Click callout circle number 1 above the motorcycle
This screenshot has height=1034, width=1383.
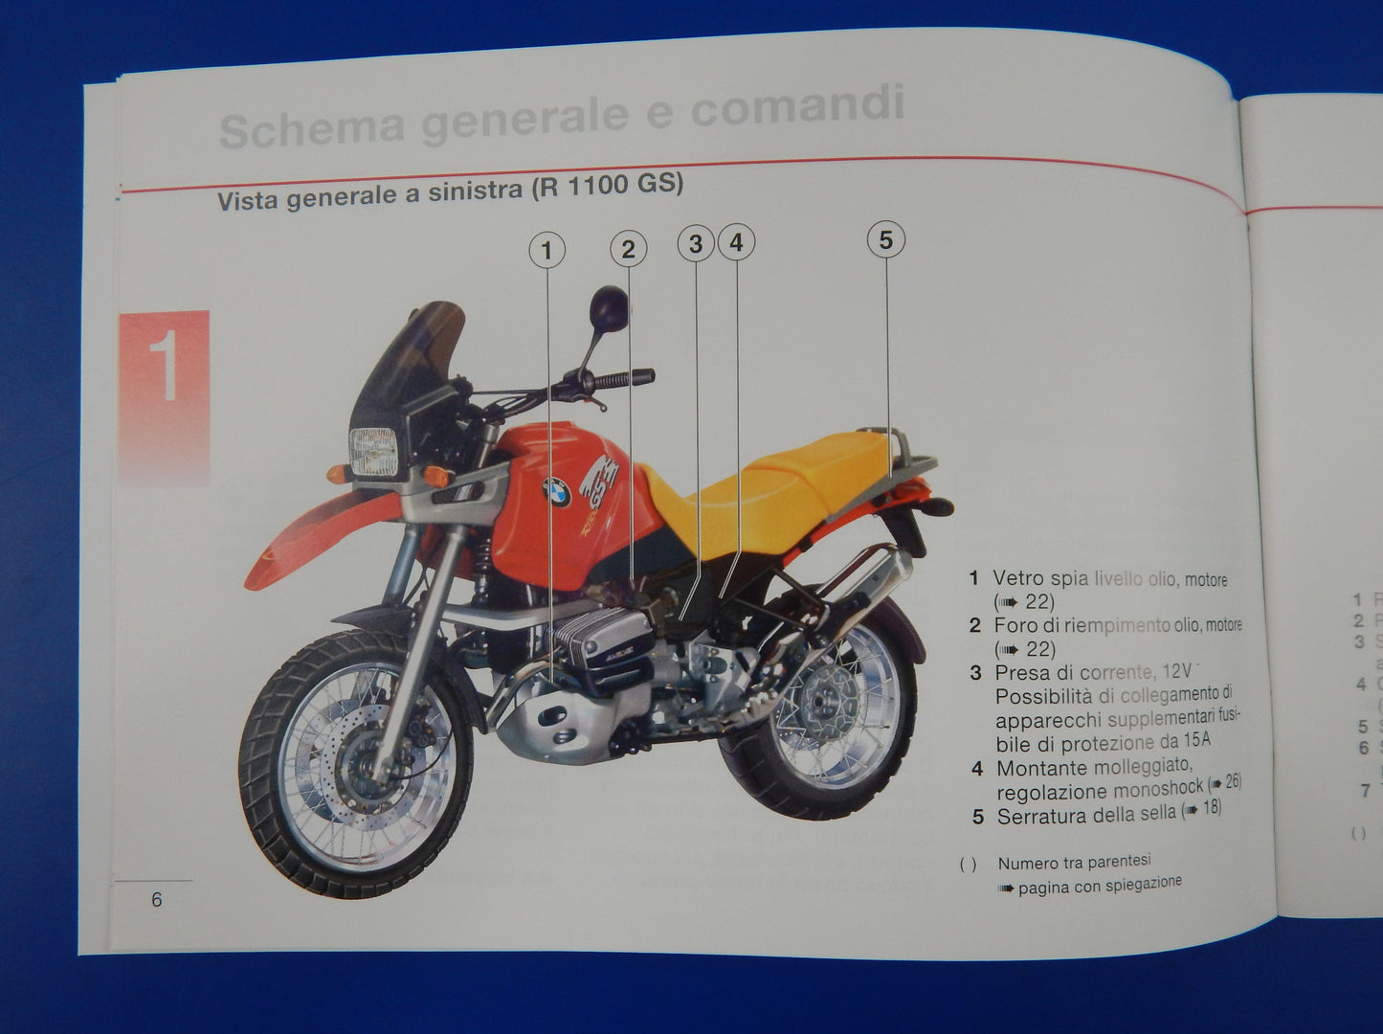(x=547, y=252)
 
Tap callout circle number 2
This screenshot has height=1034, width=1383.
(x=628, y=250)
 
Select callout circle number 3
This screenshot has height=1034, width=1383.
(x=696, y=244)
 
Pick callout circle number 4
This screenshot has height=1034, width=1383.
(x=736, y=243)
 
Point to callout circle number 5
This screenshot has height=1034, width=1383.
(x=885, y=239)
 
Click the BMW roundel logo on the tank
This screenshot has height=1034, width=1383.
(x=556, y=492)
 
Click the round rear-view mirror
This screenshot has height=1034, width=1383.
(x=609, y=306)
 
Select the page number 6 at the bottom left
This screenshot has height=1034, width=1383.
(x=157, y=900)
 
